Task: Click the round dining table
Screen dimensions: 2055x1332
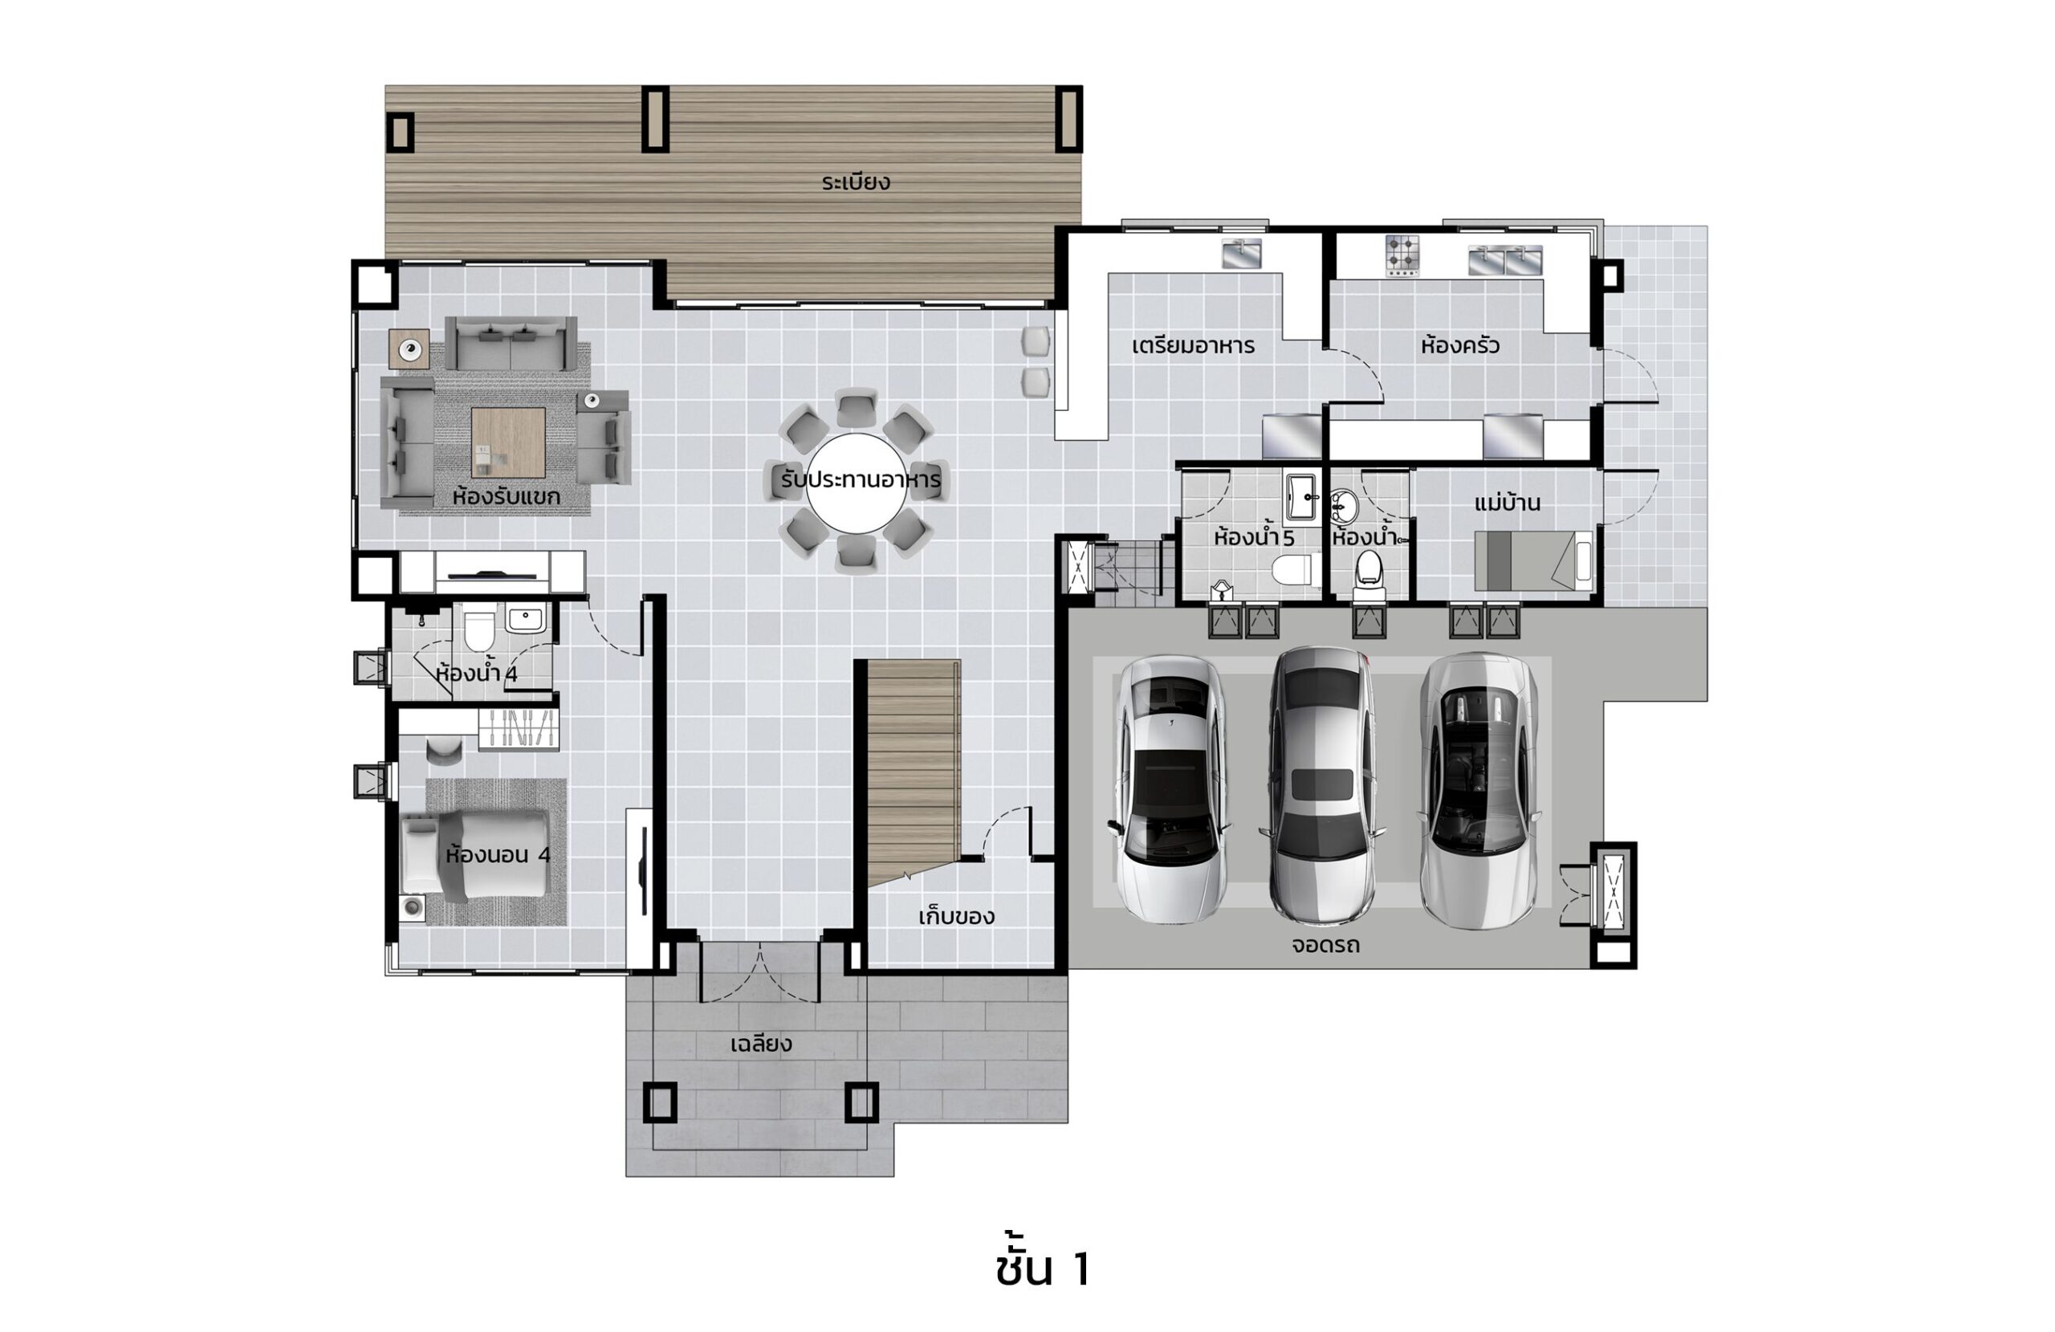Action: coord(856,483)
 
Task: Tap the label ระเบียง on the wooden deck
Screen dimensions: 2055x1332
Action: coord(855,182)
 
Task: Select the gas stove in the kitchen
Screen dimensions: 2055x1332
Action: coord(1402,255)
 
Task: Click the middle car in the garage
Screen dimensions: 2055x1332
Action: coord(1322,785)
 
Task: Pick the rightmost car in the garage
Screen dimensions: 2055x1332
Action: coord(1478,789)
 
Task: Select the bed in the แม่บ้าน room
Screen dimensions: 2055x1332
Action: coord(1532,560)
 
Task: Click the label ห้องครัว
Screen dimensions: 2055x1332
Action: coord(1459,345)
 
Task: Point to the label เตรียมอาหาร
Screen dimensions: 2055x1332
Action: coord(1192,345)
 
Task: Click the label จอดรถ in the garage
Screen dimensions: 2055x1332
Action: coord(1325,945)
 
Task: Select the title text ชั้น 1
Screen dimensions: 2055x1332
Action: coord(1043,1269)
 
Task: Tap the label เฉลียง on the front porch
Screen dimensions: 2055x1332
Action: coord(761,1045)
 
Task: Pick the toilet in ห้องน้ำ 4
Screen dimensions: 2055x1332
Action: coord(478,628)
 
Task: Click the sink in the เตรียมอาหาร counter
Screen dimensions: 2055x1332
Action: coord(1241,253)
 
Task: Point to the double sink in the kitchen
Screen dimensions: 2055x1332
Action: coord(1505,260)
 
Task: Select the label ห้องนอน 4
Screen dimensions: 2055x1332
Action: coord(498,854)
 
